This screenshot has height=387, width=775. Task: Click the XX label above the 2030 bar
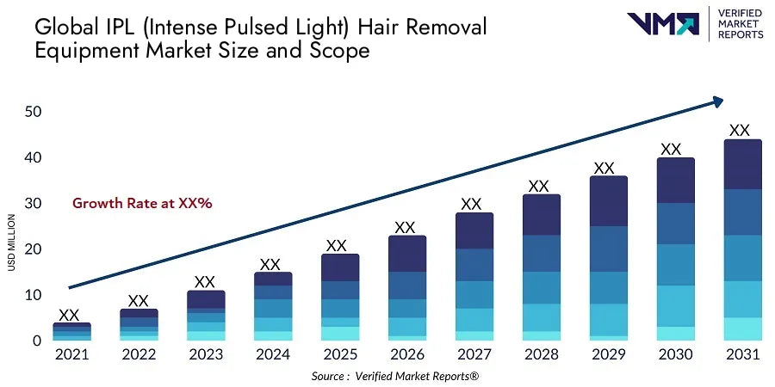click(671, 149)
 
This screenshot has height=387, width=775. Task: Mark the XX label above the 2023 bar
click(204, 282)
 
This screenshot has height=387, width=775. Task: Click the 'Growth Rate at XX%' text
click(142, 203)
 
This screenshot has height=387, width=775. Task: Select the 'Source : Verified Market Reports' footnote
click(395, 376)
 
